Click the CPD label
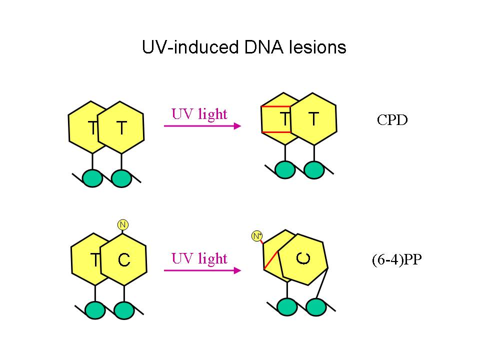392,120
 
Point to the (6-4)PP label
393,261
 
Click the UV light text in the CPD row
199,114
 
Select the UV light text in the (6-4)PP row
199,258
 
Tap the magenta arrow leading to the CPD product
202,126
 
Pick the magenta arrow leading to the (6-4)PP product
202,270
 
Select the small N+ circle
257,235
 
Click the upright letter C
124,260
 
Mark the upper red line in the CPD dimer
276,107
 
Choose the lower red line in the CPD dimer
276,132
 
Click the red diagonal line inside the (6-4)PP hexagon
271,259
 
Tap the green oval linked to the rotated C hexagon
314,307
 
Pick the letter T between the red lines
284,119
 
